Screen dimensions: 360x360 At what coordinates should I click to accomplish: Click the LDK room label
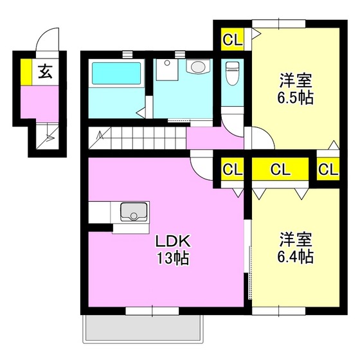point(171,243)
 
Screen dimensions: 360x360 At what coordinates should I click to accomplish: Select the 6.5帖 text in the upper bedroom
point(295,100)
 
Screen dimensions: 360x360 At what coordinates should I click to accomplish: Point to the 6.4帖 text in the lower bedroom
point(296,256)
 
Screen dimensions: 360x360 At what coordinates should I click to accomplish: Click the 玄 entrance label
point(45,71)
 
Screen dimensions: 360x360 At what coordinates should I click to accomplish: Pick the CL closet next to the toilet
point(233,40)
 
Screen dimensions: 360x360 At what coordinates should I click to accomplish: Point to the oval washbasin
point(197,66)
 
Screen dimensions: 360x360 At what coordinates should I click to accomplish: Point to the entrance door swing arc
point(46,39)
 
